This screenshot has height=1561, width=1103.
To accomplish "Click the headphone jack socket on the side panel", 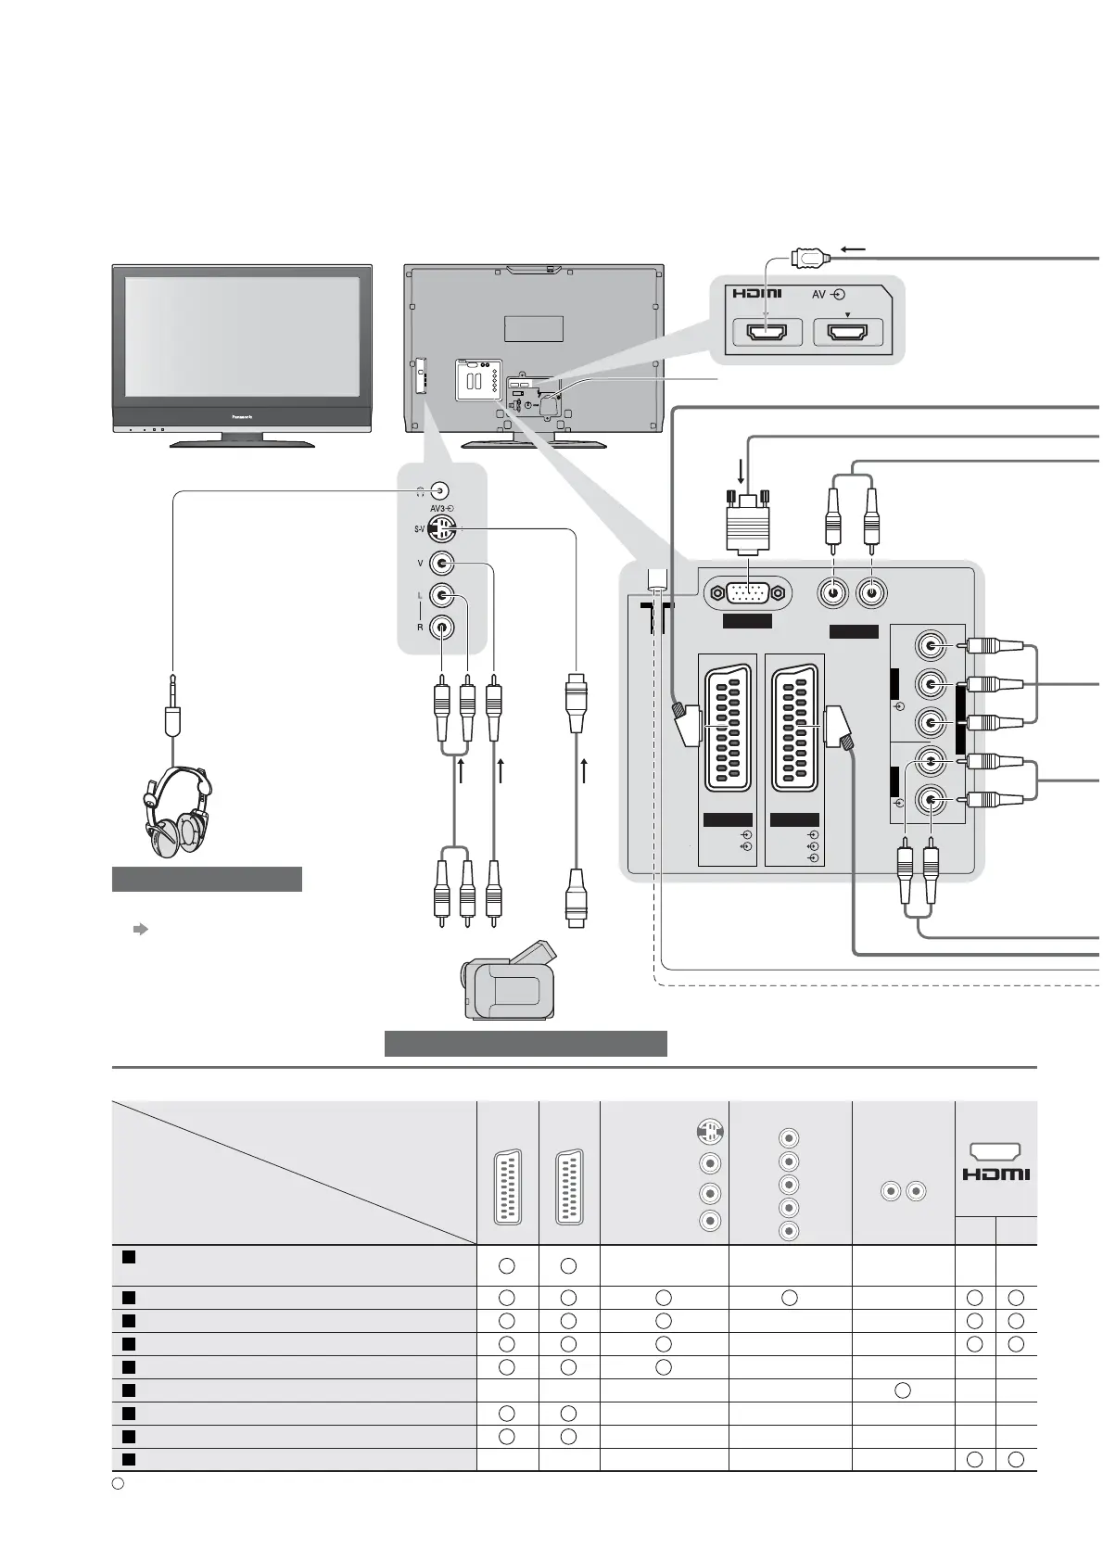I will click(x=442, y=491).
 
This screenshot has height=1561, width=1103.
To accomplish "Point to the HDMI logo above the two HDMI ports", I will click(x=756, y=295).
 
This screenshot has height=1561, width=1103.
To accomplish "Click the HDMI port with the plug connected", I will click(x=766, y=332).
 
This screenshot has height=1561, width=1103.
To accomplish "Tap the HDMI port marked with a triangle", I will click(x=847, y=332).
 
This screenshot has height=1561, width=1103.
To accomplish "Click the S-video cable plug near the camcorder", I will click(x=577, y=897).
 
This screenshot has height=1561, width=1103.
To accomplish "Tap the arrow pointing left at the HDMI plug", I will click(x=852, y=249).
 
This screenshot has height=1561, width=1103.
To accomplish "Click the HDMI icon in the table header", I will click(x=995, y=1164).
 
